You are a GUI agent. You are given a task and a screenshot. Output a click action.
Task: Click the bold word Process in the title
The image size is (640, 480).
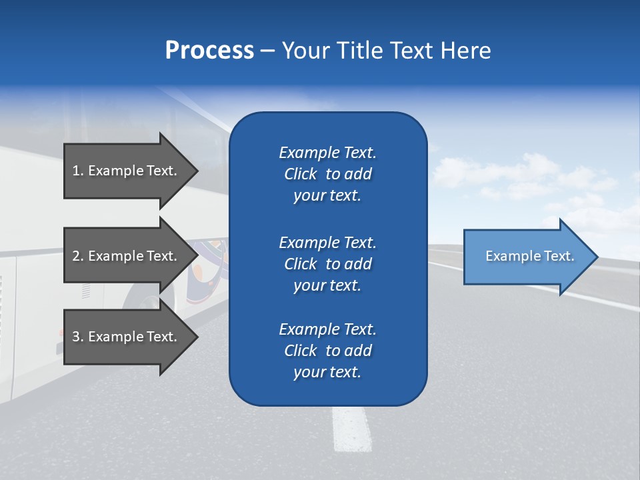[209, 50]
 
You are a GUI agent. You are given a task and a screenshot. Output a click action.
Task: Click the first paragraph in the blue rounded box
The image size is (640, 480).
[327, 174]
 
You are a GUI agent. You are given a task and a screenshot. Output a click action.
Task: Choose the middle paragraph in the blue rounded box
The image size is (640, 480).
[327, 263]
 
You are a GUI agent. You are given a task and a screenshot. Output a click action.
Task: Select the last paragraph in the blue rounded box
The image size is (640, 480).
[327, 351]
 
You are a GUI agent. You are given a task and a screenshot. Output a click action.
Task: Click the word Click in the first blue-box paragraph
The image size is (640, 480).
[300, 174]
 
